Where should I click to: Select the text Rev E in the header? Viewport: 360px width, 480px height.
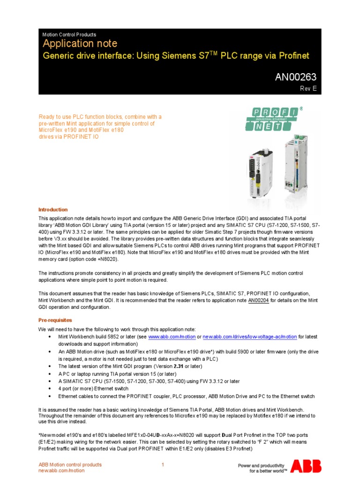[308, 88]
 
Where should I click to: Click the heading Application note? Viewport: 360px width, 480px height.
[68, 44]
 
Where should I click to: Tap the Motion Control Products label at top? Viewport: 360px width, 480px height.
[69, 35]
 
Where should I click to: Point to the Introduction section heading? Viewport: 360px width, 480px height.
[52, 210]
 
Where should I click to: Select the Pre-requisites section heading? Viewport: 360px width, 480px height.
[55, 320]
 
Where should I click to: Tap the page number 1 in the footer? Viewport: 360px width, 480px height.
[163, 465]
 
